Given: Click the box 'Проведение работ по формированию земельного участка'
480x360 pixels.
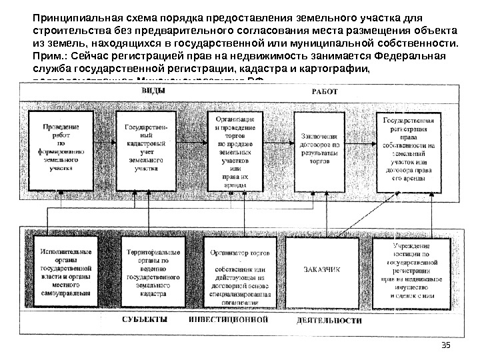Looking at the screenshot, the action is tap(62, 147).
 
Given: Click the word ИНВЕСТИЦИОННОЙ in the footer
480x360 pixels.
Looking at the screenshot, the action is tap(228, 320).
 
